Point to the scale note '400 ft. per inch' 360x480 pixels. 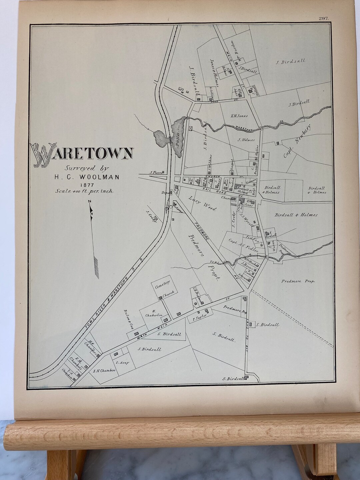pyautogui.click(x=85, y=191)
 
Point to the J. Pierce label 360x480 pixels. pyautogui.click(x=156, y=172)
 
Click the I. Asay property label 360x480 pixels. pyautogui.click(x=122, y=363)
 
